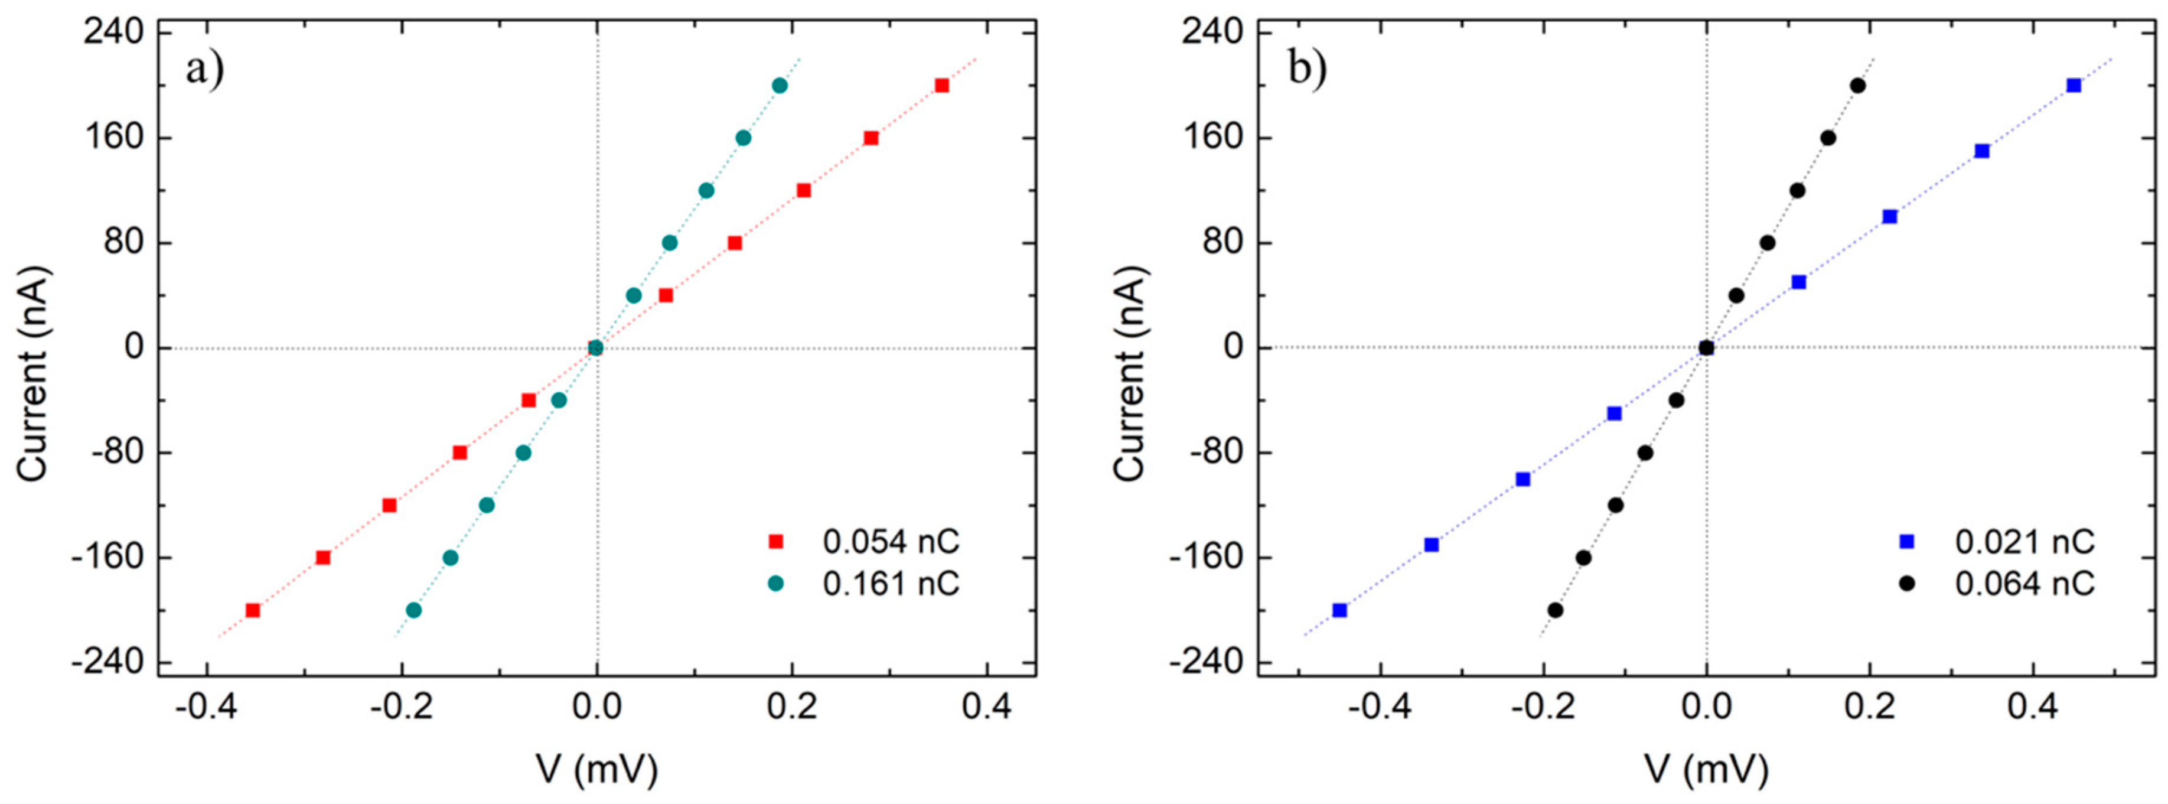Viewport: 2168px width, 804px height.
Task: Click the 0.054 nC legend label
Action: [891, 541]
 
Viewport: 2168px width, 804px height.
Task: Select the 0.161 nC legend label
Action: [891, 582]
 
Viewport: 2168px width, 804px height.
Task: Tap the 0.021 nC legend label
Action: [2024, 541]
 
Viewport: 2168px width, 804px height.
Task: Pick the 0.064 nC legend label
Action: [2024, 582]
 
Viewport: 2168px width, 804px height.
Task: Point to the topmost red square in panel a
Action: [942, 85]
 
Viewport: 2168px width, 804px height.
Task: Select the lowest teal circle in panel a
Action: [413, 610]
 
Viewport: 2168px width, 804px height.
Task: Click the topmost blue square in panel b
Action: [2074, 85]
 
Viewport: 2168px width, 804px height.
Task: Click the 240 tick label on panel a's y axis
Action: [113, 32]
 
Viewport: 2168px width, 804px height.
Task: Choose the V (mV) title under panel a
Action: [596, 769]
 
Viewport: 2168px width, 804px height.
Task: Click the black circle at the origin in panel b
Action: [1706, 348]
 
